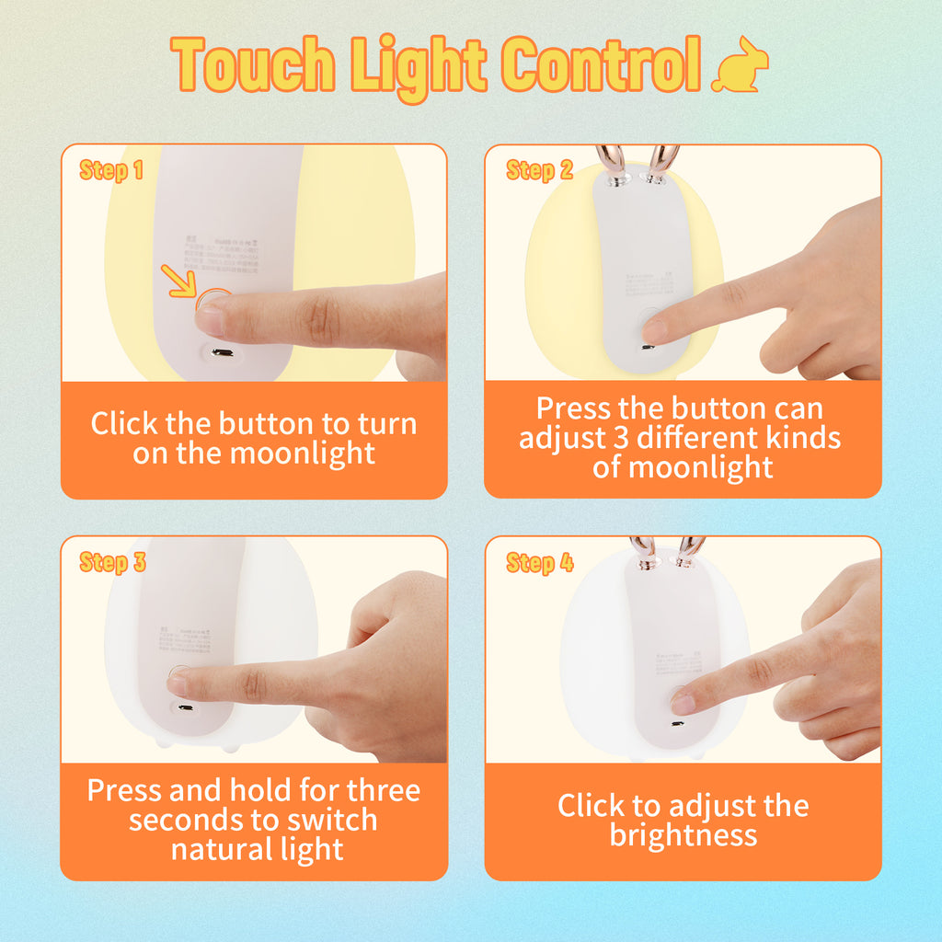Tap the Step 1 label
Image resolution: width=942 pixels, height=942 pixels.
111,170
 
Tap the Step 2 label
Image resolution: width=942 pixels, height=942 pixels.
539,170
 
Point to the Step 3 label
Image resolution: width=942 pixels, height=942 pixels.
112,563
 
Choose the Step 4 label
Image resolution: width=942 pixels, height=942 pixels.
539,563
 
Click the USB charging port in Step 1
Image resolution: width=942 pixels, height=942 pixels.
222,352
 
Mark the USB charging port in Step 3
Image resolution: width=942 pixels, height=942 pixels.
185,708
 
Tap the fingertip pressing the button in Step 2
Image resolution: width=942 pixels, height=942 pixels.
655,329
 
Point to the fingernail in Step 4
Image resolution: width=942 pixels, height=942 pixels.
683,705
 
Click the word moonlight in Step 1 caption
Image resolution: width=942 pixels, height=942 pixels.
302,454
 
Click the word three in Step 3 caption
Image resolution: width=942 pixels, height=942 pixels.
383,790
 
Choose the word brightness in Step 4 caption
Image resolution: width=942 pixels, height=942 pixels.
683,835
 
